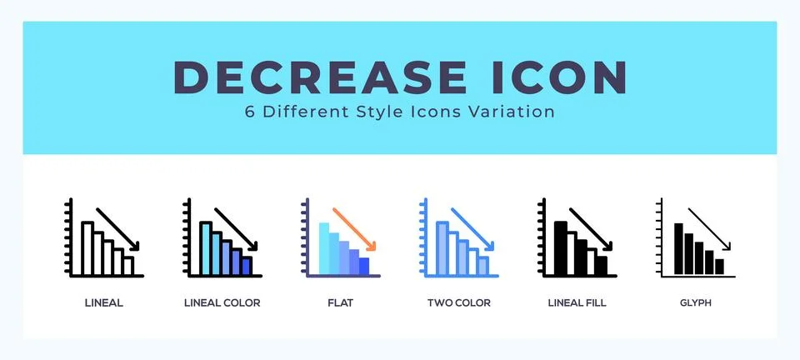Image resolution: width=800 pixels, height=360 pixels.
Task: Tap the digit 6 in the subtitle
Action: point(250,112)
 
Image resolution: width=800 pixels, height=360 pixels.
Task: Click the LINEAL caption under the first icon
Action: point(104,303)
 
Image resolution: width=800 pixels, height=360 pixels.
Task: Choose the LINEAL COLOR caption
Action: point(222,303)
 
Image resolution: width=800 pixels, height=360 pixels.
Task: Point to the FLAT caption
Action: point(340,303)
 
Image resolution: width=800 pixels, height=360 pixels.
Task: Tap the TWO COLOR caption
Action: point(458,303)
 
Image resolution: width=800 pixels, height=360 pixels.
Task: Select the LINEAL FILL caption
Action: point(577,303)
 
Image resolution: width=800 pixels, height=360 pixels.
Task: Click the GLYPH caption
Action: point(695,303)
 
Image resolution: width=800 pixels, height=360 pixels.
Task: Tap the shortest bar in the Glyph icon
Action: point(719,267)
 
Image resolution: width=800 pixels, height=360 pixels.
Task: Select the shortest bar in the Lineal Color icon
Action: point(246,265)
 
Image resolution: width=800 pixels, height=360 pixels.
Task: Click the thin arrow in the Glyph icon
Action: point(709,227)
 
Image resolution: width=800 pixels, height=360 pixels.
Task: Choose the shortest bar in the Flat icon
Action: point(363,266)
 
